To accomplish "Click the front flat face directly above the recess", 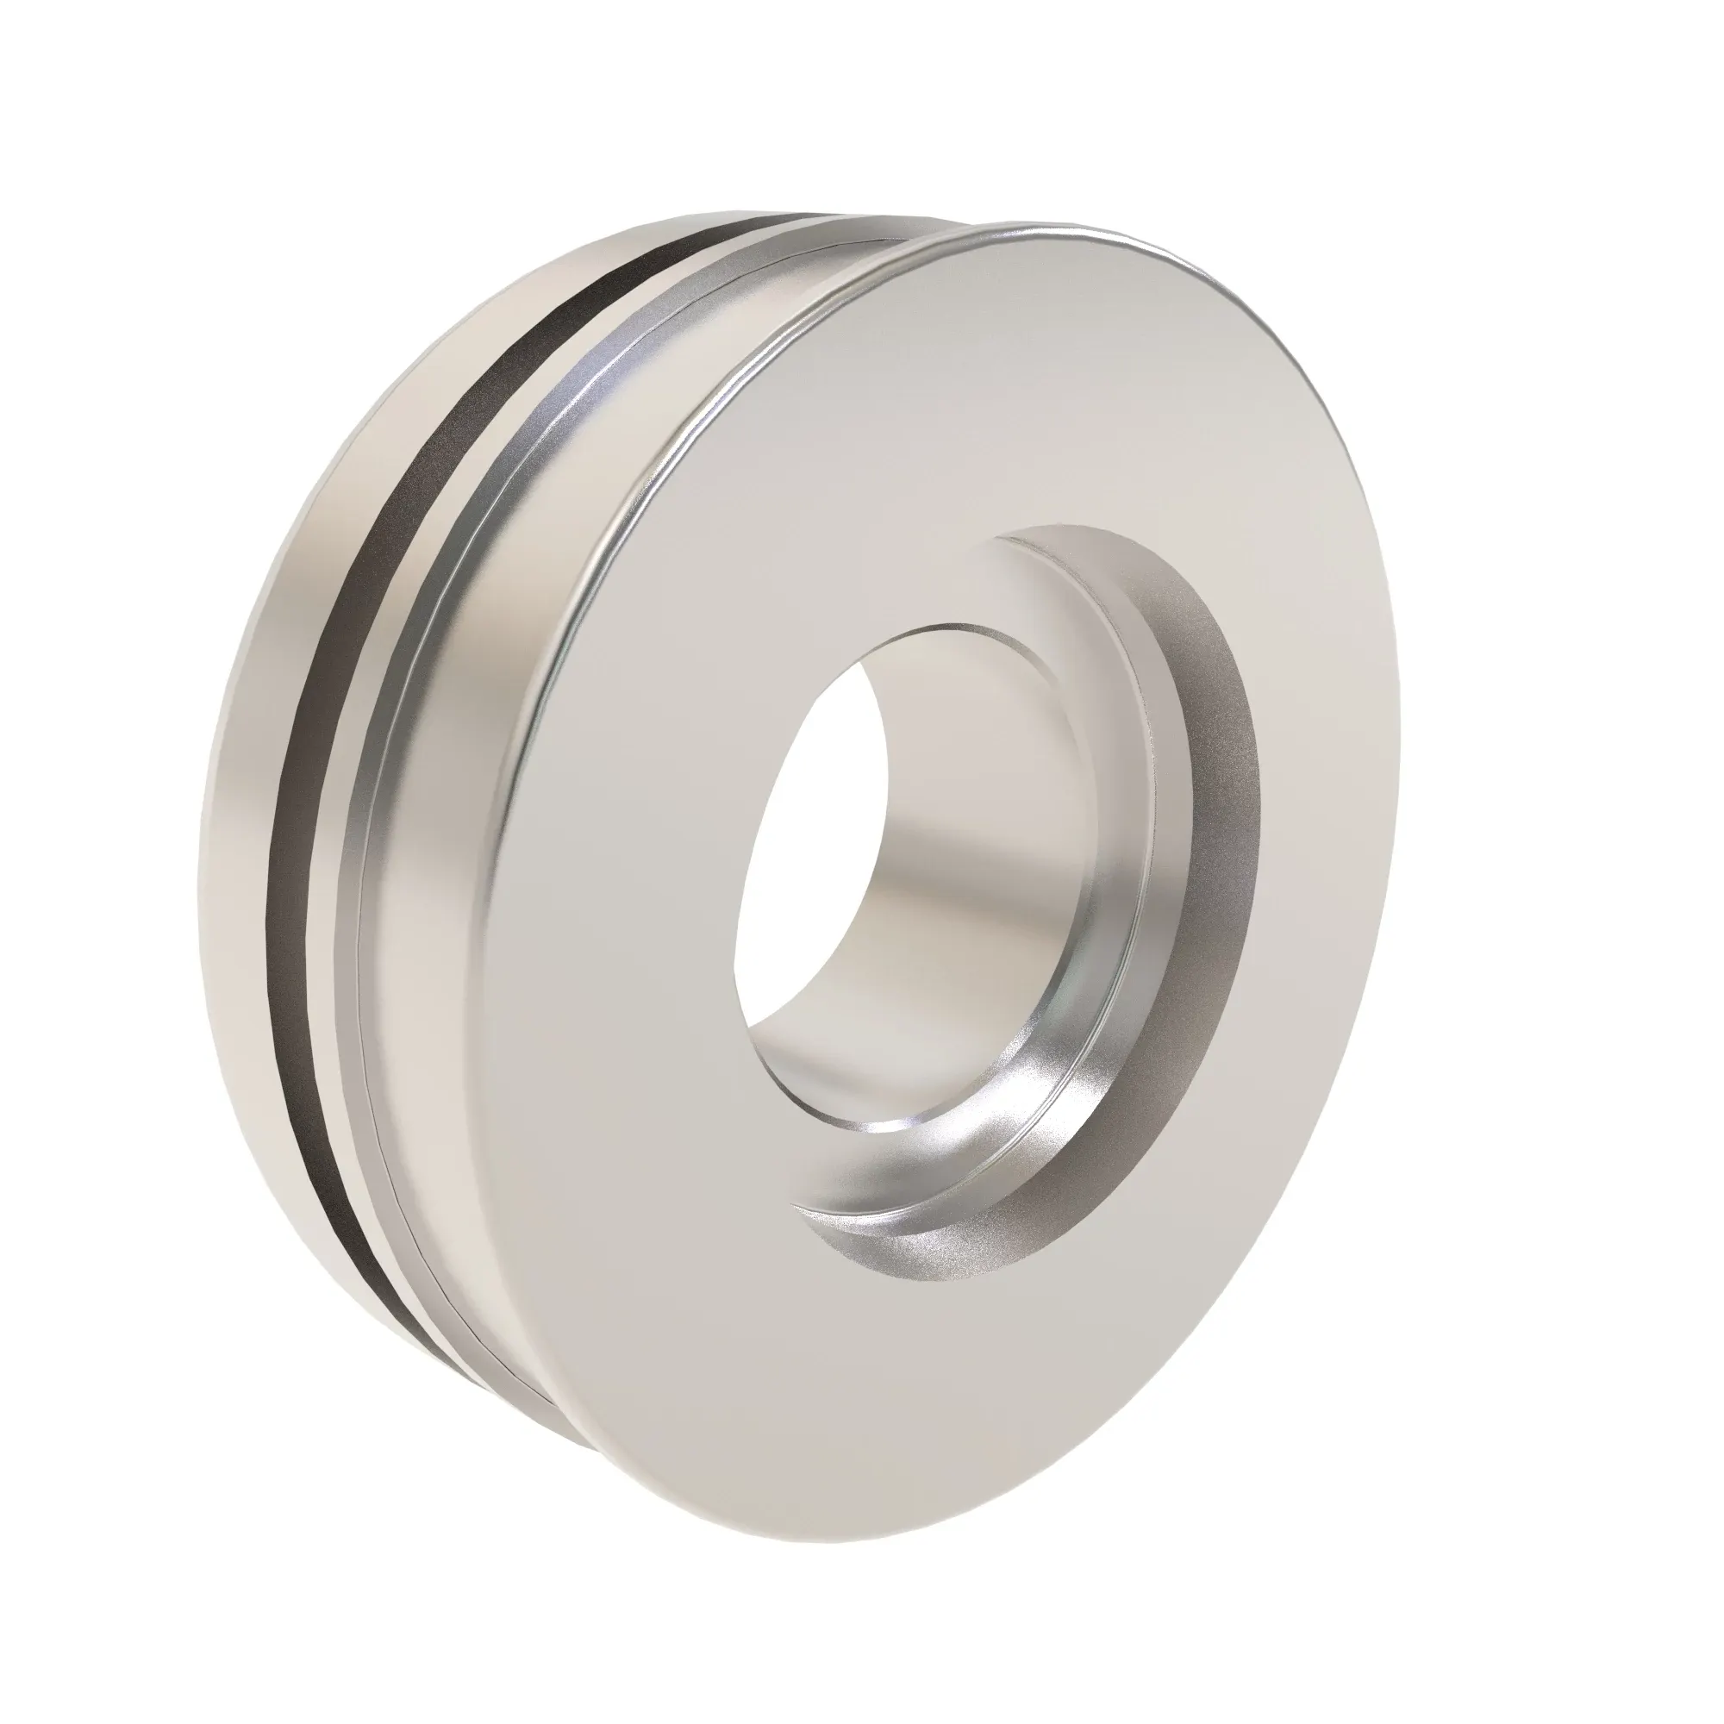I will click(1026, 402).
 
